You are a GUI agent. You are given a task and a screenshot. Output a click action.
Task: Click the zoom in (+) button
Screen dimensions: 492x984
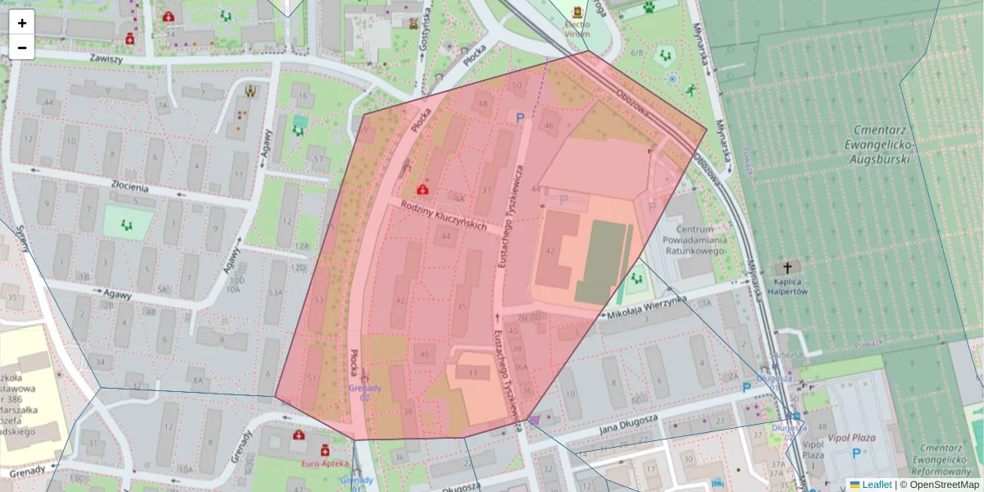pyautogui.click(x=22, y=23)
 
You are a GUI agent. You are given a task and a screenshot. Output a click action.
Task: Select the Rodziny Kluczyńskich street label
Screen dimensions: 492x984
pyautogui.click(x=444, y=216)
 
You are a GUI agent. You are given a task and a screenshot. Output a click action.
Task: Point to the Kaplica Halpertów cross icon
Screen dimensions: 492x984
pyautogui.click(x=788, y=268)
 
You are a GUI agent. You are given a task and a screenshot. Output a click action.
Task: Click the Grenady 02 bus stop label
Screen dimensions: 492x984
pyautogui.click(x=365, y=392)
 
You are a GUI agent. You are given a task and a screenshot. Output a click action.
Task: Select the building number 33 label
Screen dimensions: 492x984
pyautogui.click(x=472, y=373)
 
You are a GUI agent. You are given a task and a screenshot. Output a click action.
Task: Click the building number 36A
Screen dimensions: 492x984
pyautogui.click(x=521, y=366)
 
